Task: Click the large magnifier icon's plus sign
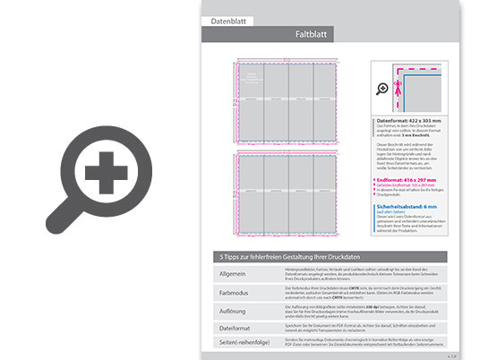tap(106, 169)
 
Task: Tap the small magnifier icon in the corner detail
tap(382, 89)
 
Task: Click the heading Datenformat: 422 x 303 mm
tap(409, 120)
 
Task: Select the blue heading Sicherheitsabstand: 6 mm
tap(407, 206)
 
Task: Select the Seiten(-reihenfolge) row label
tap(237, 342)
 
